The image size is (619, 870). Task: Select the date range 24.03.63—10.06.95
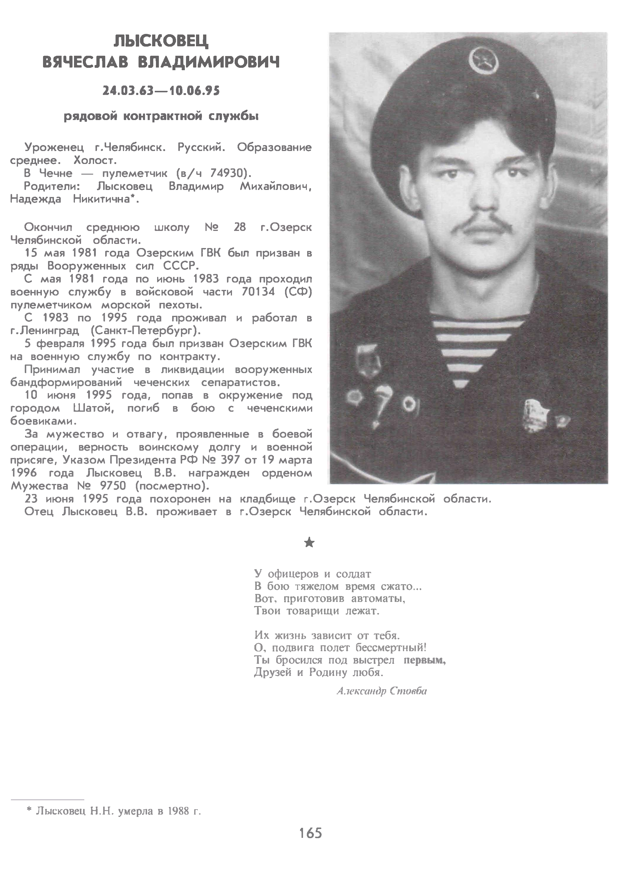click(161, 91)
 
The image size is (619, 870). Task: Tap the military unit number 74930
click(228, 173)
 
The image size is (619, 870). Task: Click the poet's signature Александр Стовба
click(381, 691)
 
